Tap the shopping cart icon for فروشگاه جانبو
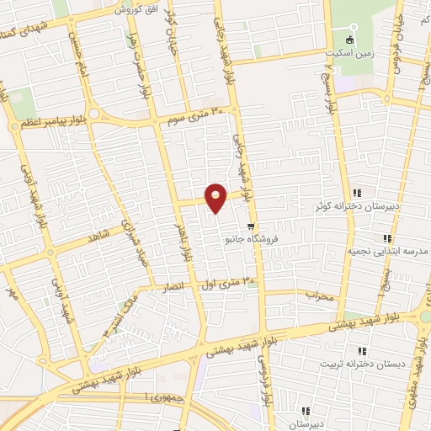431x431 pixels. (251, 226)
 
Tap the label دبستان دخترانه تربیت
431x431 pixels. (354, 364)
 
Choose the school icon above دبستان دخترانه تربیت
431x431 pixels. (362, 351)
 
